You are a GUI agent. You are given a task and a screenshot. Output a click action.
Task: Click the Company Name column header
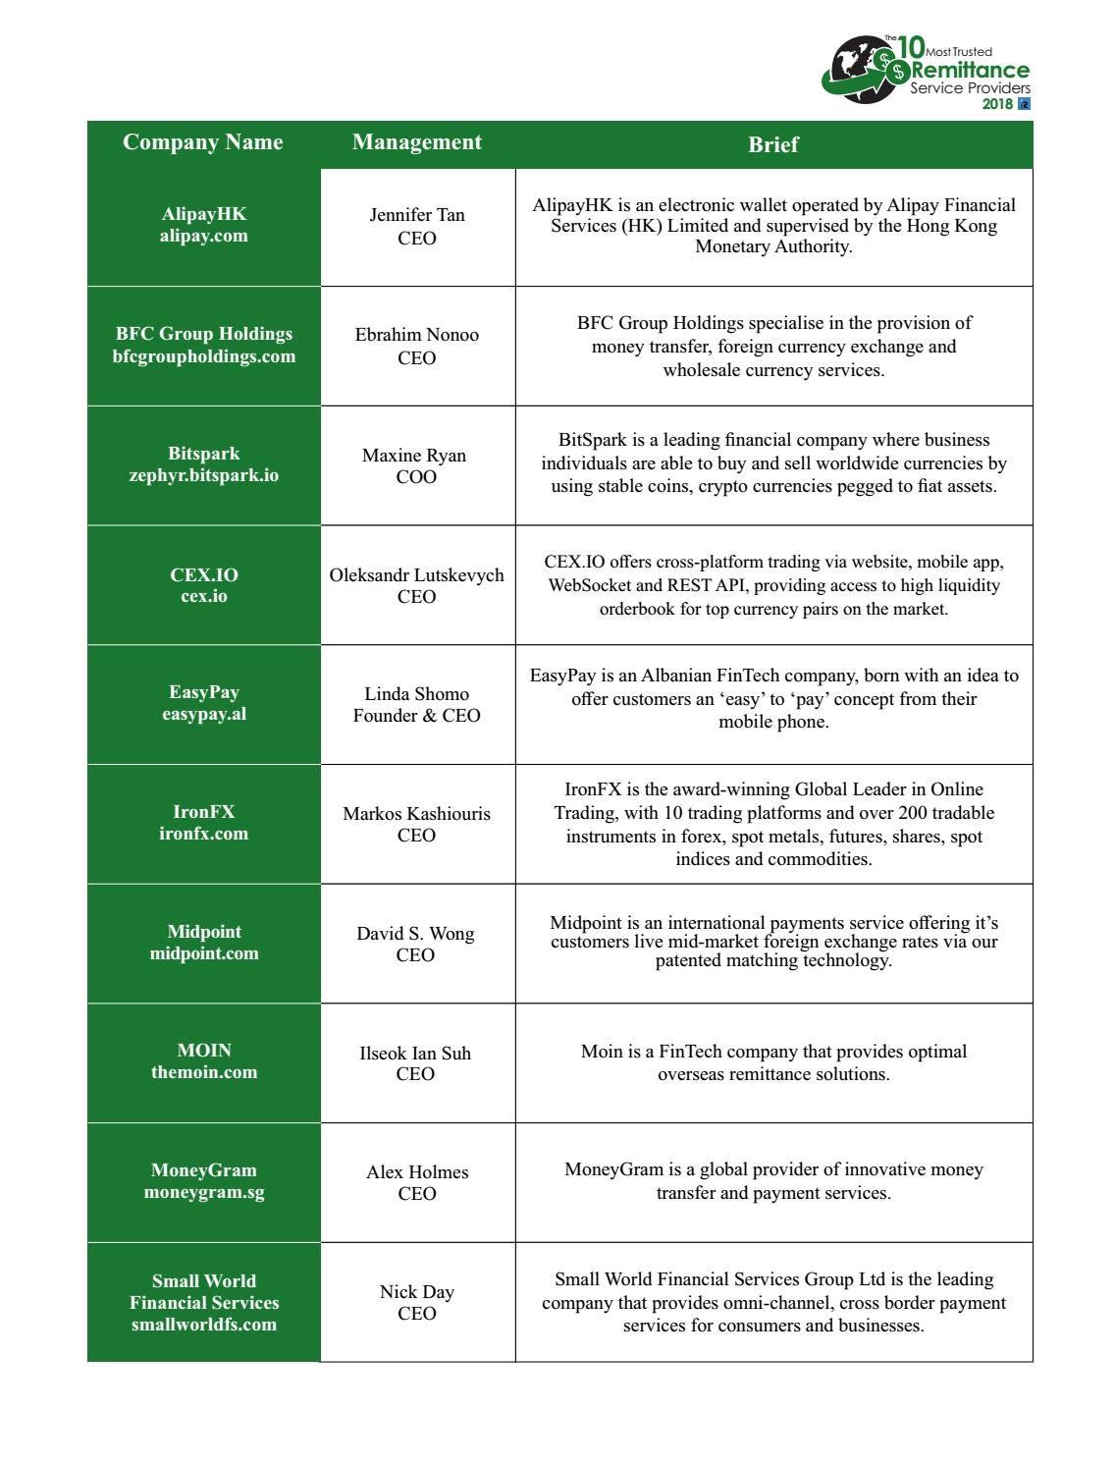point(203,142)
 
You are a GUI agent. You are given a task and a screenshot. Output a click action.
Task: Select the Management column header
point(417,142)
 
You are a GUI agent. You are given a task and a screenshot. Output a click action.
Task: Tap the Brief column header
point(773,144)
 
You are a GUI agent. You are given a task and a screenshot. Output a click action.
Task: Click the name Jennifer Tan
point(417,215)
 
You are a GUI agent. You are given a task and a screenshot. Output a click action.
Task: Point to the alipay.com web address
point(204,236)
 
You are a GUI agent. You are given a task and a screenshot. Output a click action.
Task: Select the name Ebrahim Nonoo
point(417,335)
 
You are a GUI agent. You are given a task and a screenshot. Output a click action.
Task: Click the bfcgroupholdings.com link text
point(204,356)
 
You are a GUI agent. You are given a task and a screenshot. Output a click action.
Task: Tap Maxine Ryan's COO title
point(416,477)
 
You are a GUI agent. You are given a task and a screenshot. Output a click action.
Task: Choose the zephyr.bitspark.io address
point(204,475)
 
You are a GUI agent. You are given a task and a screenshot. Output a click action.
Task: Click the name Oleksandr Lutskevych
point(417,575)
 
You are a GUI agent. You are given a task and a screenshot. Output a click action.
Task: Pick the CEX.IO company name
point(204,574)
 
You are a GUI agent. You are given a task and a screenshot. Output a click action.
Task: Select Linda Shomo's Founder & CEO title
point(417,716)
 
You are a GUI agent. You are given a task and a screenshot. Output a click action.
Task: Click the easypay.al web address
point(204,714)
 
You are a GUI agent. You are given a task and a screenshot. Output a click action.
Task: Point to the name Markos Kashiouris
point(417,814)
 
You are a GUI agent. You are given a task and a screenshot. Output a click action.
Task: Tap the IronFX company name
point(204,812)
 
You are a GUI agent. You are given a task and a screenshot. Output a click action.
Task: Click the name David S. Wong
point(416,934)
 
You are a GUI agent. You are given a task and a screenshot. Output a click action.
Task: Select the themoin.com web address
point(204,1072)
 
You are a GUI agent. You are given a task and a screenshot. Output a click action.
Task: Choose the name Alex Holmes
point(417,1172)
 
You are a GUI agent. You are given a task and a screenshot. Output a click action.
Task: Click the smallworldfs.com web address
point(204,1325)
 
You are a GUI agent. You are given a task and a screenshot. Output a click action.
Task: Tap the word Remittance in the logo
point(971,71)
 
